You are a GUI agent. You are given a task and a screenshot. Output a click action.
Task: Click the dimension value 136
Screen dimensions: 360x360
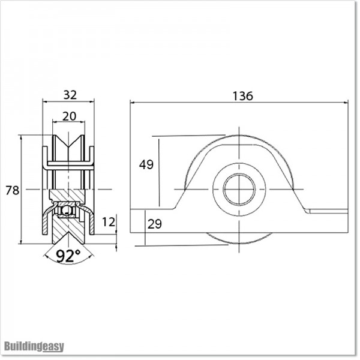(243, 95)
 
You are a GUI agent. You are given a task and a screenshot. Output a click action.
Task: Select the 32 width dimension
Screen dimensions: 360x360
(69, 95)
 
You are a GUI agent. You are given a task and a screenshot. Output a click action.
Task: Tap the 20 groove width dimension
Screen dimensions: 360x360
(69, 116)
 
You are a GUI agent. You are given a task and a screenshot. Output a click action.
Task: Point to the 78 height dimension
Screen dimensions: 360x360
(12, 190)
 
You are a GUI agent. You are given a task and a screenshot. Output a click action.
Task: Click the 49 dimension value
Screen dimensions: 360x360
(146, 165)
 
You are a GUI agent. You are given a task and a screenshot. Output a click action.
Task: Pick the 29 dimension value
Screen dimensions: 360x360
(154, 224)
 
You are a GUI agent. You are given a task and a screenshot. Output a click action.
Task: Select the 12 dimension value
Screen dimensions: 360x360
(108, 221)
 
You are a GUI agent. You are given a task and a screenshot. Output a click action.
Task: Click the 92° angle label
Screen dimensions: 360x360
(68, 256)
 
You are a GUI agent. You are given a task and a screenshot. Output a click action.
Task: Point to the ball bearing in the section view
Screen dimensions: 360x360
(68, 211)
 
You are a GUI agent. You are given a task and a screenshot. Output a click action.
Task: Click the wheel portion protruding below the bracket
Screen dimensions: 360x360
(239, 238)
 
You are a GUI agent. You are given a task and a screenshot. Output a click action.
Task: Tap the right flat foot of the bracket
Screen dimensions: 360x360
(327, 211)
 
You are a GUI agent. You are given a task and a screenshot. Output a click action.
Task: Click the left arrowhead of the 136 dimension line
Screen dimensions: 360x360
(133, 103)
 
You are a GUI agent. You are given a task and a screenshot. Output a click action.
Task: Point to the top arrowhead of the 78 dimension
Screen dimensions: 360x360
(21, 138)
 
